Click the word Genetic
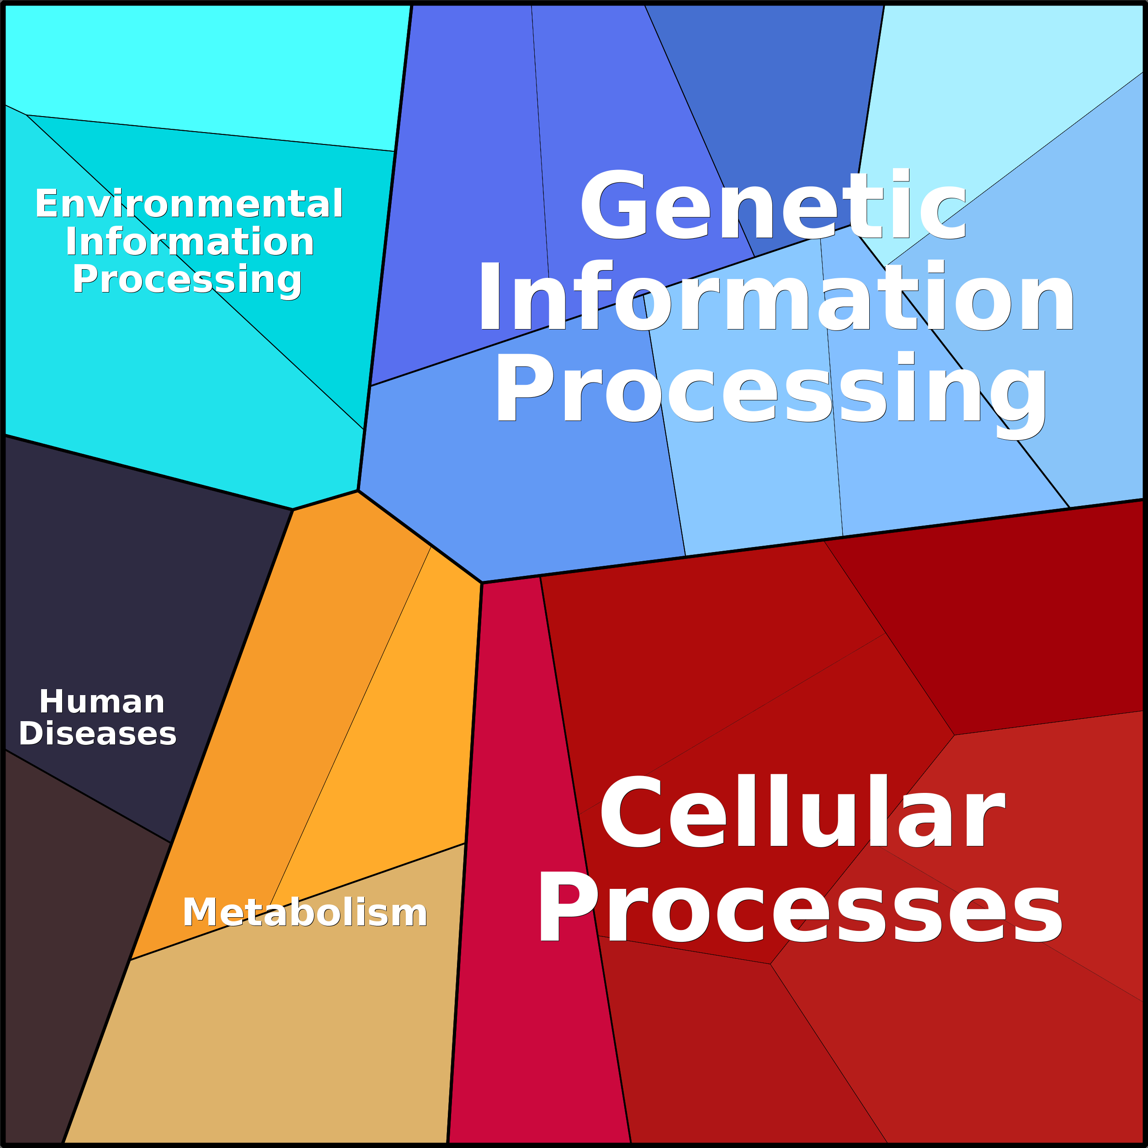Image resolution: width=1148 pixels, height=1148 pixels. click(x=774, y=205)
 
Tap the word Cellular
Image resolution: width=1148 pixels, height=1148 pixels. click(x=802, y=812)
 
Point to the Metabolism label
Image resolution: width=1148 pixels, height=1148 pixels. click(x=305, y=912)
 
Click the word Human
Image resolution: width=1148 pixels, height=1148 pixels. click(x=101, y=702)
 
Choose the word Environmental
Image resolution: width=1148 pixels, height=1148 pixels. click(x=189, y=203)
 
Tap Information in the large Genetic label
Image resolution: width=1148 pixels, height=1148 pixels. click(x=776, y=296)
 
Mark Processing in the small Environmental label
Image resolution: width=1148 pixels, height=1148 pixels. click(x=187, y=279)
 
